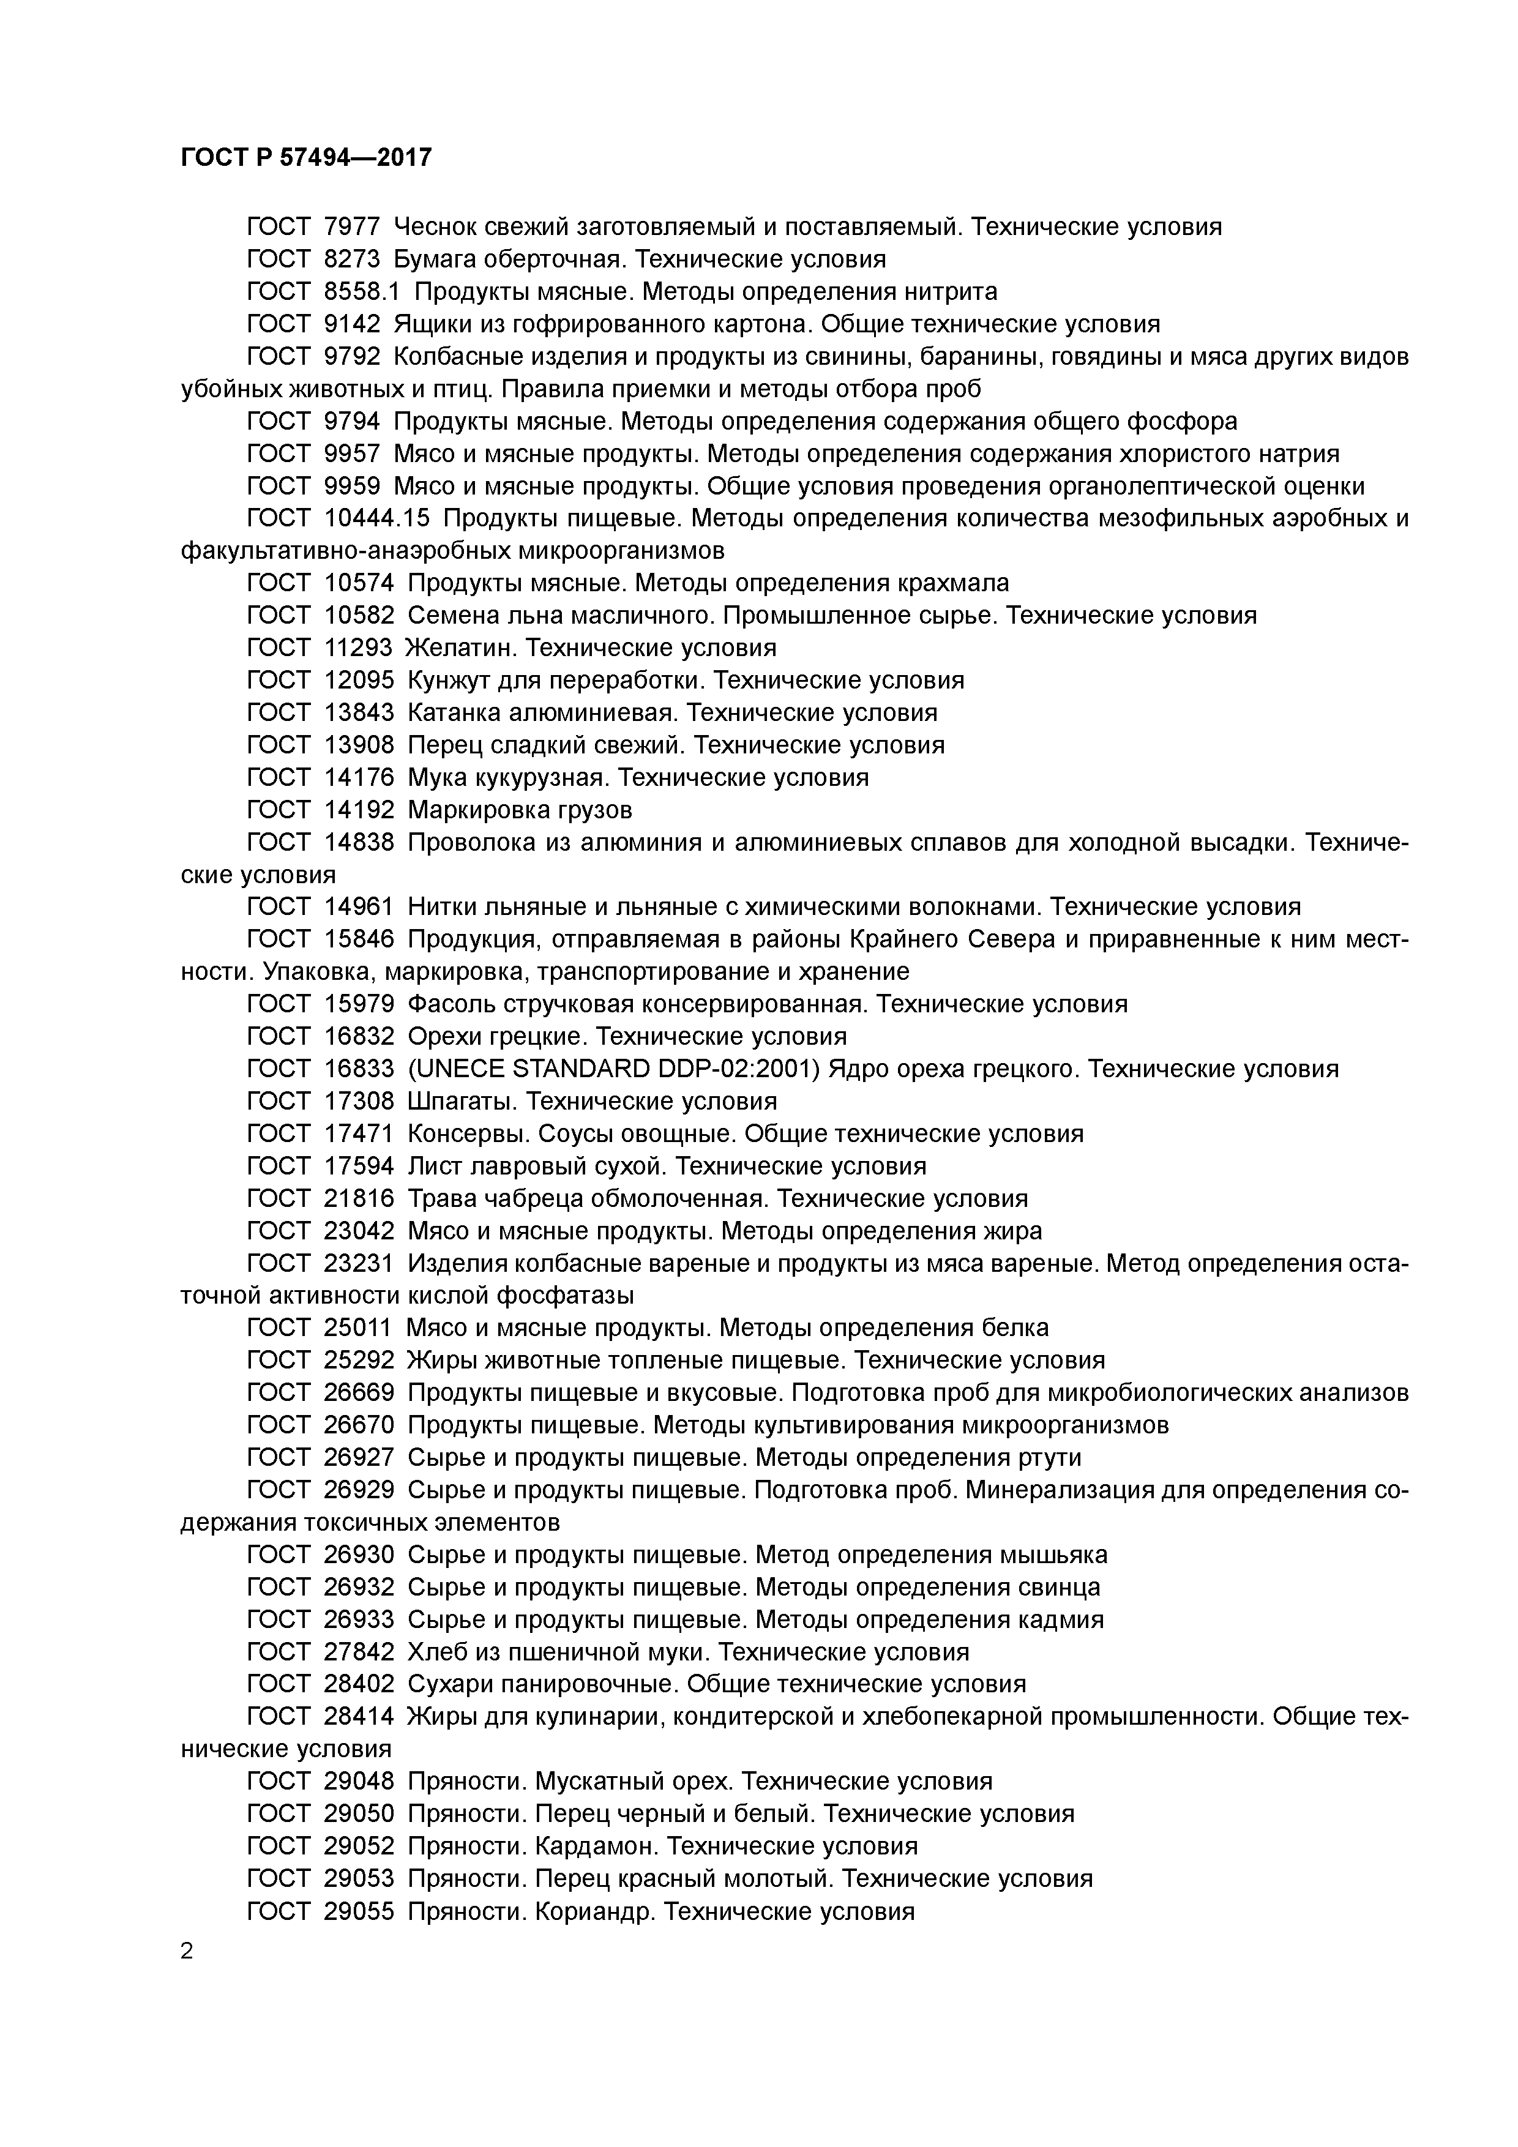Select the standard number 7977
pos(352,226)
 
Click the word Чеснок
pos(434,226)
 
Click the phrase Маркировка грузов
pos(520,810)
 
